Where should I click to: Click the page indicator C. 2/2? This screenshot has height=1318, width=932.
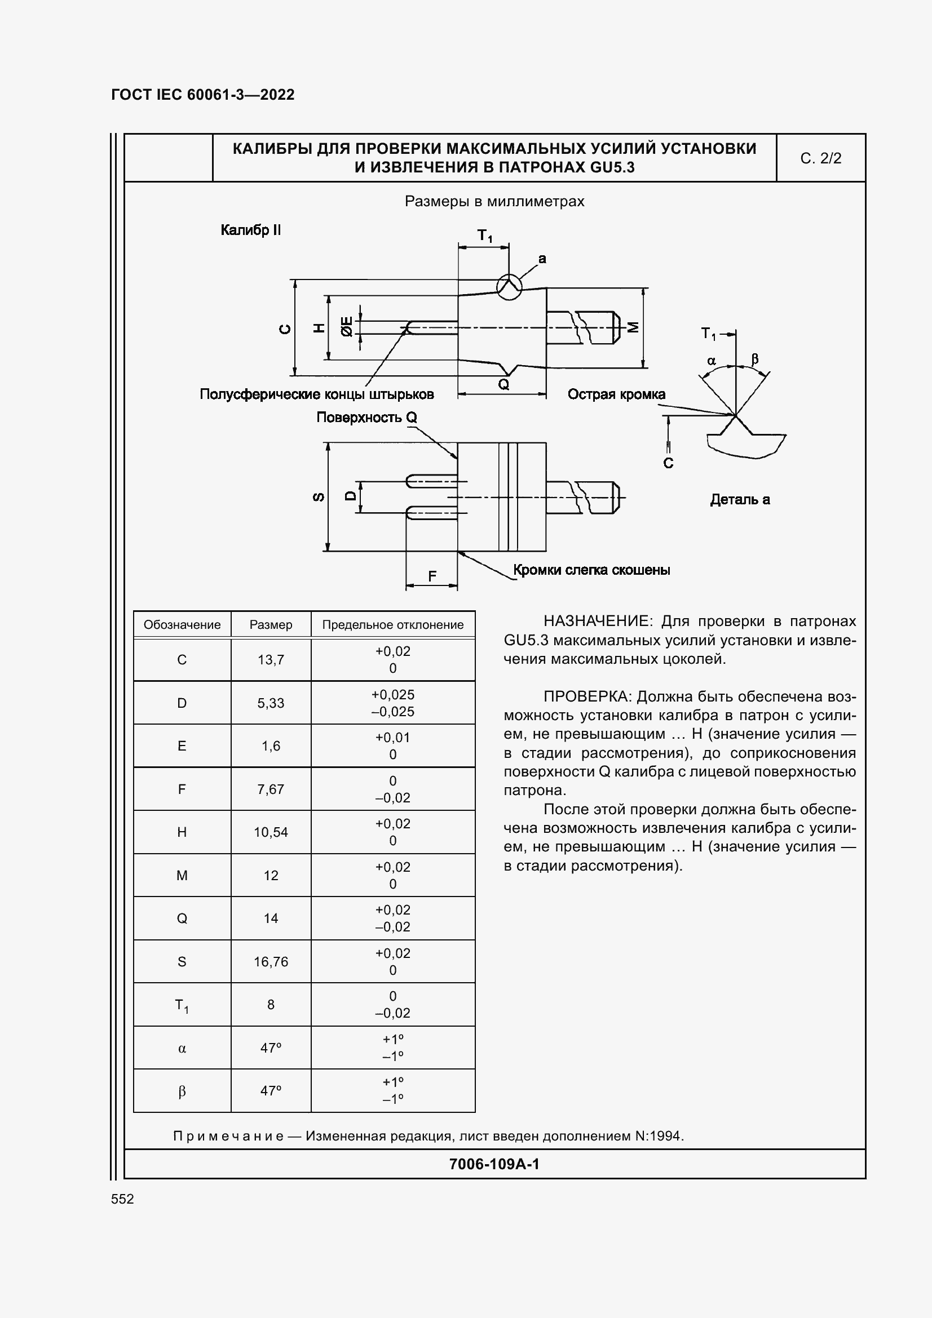[820, 158]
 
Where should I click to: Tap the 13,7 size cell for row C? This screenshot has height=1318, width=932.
[271, 660]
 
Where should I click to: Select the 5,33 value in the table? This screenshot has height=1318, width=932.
[271, 703]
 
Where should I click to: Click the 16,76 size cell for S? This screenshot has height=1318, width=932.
[271, 961]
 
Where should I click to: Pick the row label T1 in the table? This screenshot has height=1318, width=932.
[182, 1005]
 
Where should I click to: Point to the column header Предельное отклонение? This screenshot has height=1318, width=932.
[393, 624]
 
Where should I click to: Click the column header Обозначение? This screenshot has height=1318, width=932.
[182, 624]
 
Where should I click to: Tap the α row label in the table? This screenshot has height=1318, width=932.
[182, 1048]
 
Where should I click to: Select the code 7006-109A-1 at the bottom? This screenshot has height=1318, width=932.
[494, 1164]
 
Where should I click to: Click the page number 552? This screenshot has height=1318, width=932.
[122, 1199]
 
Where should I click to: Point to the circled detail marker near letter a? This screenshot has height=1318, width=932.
[509, 286]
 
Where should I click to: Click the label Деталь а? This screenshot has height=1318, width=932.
[740, 499]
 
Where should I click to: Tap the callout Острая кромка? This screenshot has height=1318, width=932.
[616, 394]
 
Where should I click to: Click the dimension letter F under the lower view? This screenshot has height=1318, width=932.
[432, 576]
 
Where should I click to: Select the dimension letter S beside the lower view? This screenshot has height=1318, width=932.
[317, 497]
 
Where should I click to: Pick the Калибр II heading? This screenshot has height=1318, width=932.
[250, 230]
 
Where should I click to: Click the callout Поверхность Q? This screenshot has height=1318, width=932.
[366, 418]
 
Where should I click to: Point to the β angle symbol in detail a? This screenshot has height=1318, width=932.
[754, 360]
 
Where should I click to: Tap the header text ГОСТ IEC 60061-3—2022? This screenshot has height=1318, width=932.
[203, 95]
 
